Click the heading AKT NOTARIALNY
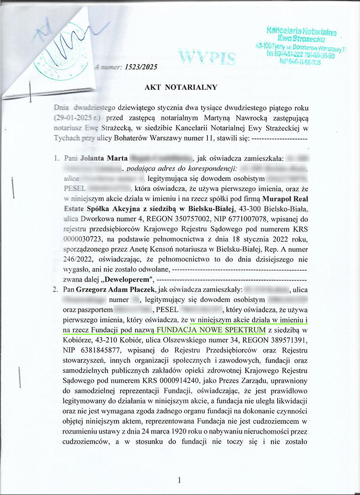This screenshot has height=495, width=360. pyautogui.click(x=181, y=87)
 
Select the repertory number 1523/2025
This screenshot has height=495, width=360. pyautogui.click(x=140, y=67)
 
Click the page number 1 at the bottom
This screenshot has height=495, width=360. pyautogui.click(x=180, y=481)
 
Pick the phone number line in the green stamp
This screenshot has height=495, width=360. pyautogui.click(x=300, y=56)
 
